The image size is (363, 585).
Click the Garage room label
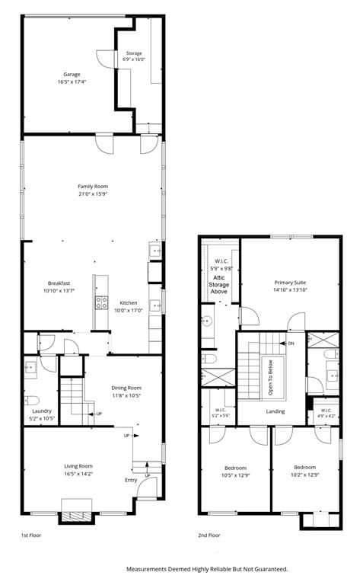click(72, 74)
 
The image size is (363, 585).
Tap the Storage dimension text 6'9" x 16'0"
click(134, 59)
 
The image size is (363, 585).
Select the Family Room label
click(93, 186)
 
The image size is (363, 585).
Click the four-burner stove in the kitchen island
click(101, 302)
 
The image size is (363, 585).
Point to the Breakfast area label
click(59, 283)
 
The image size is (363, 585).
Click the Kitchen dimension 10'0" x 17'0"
click(129, 311)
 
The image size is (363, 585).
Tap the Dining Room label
click(126, 388)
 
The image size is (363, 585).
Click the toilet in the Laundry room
click(31, 401)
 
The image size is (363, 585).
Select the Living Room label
click(78, 466)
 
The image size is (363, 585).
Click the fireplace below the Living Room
click(76, 516)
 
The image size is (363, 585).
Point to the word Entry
click(131, 480)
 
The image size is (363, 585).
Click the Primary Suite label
click(290, 283)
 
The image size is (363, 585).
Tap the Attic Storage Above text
click(218, 285)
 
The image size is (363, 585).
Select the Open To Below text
click(271, 378)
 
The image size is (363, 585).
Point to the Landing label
click(275, 411)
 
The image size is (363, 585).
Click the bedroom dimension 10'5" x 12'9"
click(236, 475)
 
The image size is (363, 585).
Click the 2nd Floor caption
click(209, 535)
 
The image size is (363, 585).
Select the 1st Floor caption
click(31, 535)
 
